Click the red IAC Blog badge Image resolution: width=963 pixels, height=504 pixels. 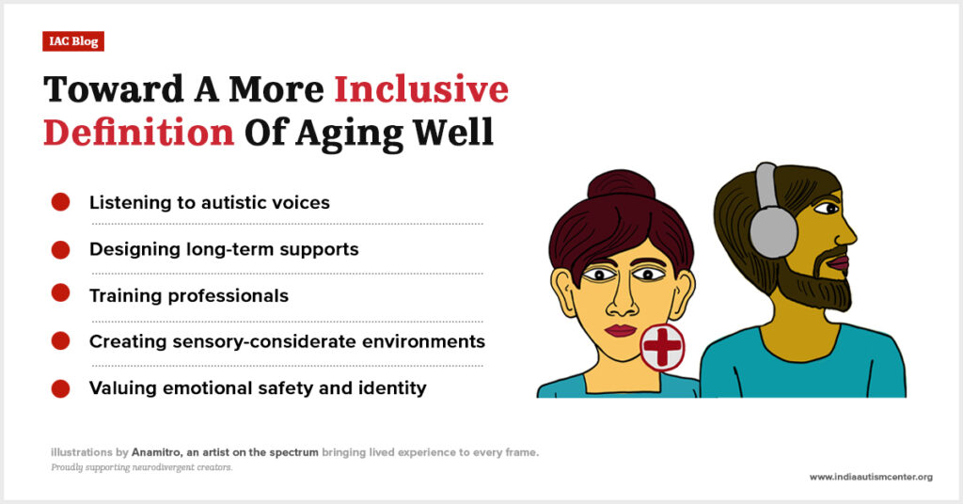pos(73,41)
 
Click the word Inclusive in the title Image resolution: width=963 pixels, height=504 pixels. pos(421,89)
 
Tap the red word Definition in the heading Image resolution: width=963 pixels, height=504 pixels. pos(139,132)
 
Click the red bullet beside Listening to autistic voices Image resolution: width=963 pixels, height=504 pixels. pos(60,202)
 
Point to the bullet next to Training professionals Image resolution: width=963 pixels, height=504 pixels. pos(60,292)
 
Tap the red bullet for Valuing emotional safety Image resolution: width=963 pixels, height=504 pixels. pos(60,388)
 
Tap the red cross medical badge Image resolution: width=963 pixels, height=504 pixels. pos(662,347)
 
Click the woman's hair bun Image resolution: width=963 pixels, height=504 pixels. pos(621,186)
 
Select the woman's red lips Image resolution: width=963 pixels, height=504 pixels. pos(621,331)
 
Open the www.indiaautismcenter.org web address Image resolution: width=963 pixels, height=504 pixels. pos(871,477)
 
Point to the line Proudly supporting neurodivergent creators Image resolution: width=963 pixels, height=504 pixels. pos(142,467)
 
